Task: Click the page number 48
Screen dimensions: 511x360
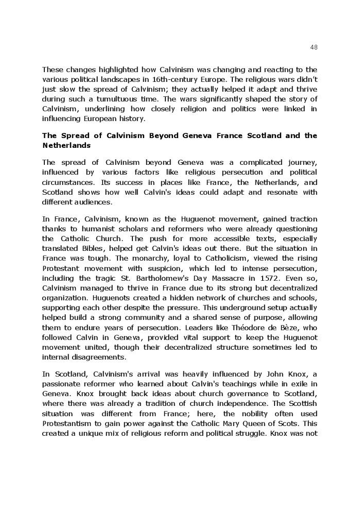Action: tap(314, 47)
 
